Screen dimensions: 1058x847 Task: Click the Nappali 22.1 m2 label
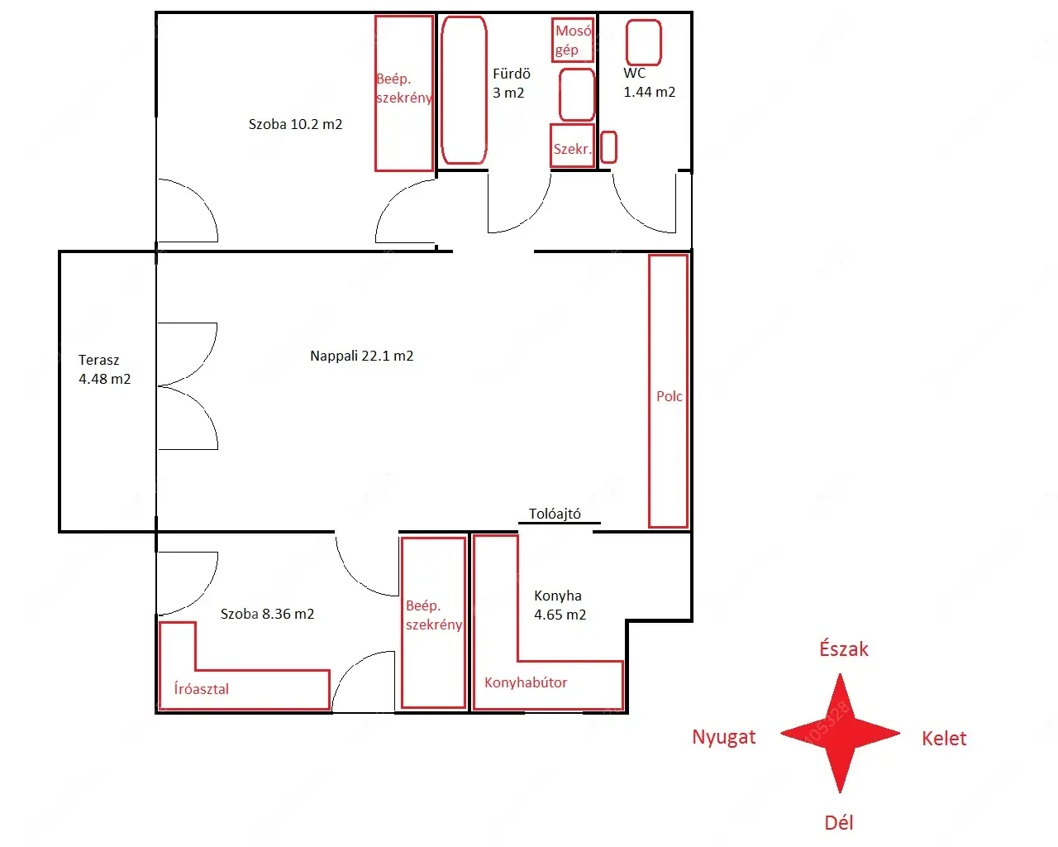coord(361,356)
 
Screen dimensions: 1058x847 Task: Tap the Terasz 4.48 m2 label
coord(104,369)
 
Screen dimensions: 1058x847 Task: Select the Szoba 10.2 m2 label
coord(295,124)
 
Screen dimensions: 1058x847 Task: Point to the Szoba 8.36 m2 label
coord(267,614)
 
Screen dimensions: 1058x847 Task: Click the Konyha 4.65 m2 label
coord(560,605)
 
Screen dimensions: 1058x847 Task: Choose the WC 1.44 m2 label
coord(649,82)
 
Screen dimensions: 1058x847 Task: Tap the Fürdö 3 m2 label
coord(512,84)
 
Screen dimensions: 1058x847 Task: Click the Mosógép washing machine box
coord(573,40)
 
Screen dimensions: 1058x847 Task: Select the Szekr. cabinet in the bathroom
coord(572,146)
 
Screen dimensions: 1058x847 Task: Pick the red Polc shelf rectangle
coord(668,390)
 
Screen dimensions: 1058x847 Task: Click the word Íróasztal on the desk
coord(201,688)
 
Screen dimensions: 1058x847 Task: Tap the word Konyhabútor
coord(526,682)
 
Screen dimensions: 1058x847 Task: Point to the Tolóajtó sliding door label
coord(555,514)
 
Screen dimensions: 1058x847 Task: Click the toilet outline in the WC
coord(644,42)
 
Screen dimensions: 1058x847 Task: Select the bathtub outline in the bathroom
coord(464,90)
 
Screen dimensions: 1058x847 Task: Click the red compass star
coord(841,733)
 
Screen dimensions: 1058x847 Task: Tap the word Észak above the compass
coord(844,649)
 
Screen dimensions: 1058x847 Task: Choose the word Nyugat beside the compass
coord(724,737)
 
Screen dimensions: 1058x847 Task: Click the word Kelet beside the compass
coord(944,739)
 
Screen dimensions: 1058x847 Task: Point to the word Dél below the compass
coord(839,822)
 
